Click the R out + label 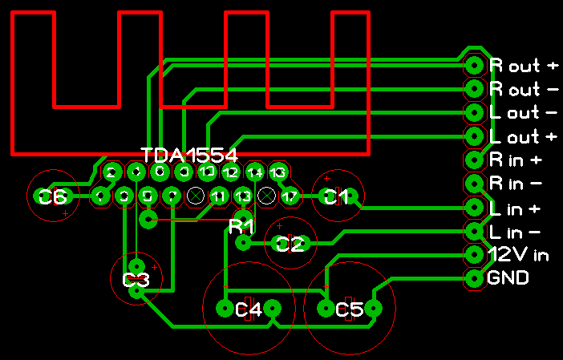click(x=524, y=65)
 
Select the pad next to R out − click(x=475, y=88)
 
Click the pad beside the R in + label click(x=475, y=160)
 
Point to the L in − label click(x=514, y=233)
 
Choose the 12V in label click(x=519, y=256)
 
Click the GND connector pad click(x=475, y=279)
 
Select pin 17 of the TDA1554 click(x=290, y=196)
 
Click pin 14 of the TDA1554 click(x=255, y=172)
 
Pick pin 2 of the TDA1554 click(x=112, y=172)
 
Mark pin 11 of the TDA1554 click(x=218, y=196)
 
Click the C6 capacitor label click(x=53, y=196)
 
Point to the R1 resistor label click(x=241, y=226)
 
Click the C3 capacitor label click(x=136, y=281)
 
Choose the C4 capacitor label click(x=249, y=309)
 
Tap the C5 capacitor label click(x=350, y=309)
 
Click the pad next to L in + click(x=475, y=208)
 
